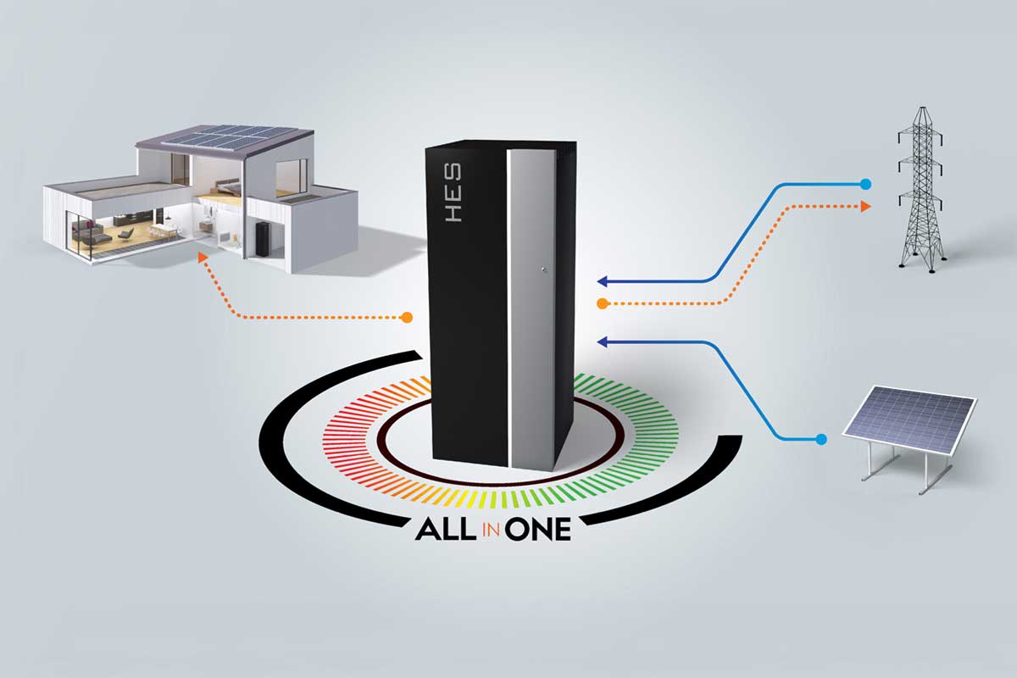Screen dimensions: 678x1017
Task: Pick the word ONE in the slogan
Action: point(539,528)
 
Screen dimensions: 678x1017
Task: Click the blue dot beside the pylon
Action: point(864,183)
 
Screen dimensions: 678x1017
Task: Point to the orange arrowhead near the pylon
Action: point(865,205)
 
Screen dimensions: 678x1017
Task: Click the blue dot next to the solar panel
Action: point(820,439)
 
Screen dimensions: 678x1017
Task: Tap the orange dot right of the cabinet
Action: point(601,303)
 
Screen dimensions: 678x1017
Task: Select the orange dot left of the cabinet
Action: point(407,318)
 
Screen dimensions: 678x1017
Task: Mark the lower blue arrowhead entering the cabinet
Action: point(600,342)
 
